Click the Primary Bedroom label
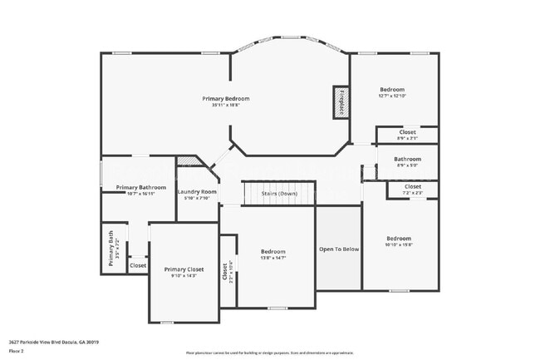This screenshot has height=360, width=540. click(x=225, y=99)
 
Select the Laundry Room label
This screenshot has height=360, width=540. click(x=198, y=192)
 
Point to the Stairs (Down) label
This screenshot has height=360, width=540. click(x=279, y=194)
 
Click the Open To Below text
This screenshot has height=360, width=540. click(x=339, y=249)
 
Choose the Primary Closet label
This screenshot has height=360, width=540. click(x=184, y=269)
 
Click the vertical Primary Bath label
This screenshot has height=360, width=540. click(x=110, y=247)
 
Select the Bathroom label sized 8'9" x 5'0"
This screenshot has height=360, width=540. click(x=407, y=159)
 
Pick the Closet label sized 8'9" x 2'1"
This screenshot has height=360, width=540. click(x=407, y=131)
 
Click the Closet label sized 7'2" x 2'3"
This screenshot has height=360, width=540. click(x=413, y=186)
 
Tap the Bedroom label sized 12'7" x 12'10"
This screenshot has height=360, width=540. click(x=392, y=90)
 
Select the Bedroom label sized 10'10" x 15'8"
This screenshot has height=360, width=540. click(x=398, y=239)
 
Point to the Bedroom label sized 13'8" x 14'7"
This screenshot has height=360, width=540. click(x=273, y=252)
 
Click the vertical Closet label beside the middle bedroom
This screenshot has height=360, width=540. click(x=224, y=270)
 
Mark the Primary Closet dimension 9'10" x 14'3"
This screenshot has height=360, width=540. click(x=184, y=276)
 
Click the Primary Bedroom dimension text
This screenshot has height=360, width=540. click(x=225, y=106)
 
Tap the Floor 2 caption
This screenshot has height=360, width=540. click(x=16, y=351)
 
